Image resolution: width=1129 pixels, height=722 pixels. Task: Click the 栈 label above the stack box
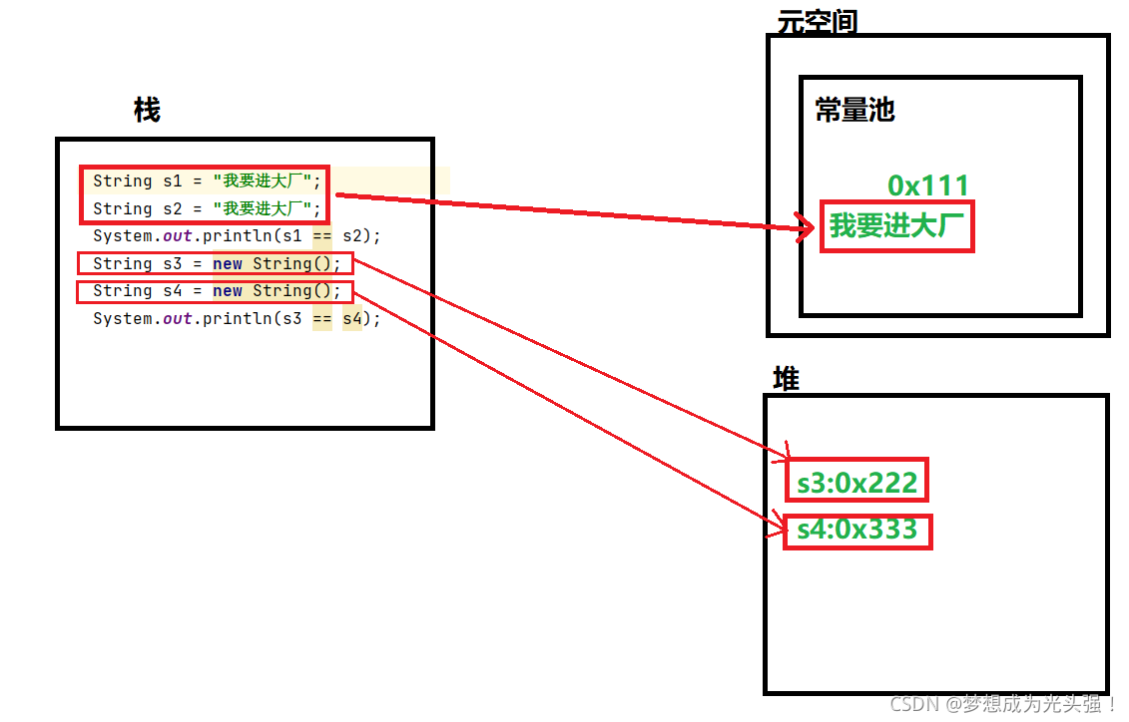(147, 110)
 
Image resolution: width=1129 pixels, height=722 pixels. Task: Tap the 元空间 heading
(817, 22)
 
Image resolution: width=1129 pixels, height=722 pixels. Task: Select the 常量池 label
(854, 110)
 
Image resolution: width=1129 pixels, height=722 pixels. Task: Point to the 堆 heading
(787, 380)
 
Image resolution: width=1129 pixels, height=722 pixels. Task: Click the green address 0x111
(928, 185)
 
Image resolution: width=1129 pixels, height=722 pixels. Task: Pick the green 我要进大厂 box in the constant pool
(896, 227)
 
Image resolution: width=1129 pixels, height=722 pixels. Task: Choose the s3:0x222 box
(856, 482)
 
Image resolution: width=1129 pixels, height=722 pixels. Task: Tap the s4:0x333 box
(857, 531)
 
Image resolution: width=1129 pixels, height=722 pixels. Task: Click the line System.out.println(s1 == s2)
(237, 236)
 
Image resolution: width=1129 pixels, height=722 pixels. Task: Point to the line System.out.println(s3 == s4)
(237, 319)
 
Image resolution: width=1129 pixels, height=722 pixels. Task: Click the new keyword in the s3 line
(228, 264)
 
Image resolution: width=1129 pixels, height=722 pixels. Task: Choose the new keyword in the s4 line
(228, 291)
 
